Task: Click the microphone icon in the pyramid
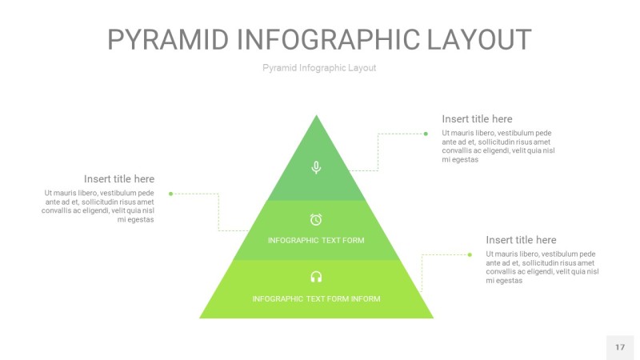(316, 167)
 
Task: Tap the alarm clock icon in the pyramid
(316, 219)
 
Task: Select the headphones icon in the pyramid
(316, 277)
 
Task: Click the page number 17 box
(620, 347)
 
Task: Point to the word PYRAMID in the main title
(169, 40)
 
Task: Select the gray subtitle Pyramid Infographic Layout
(319, 68)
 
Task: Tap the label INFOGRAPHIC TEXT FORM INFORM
(316, 299)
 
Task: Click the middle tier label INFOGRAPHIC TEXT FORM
(316, 240)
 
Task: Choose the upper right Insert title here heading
(477, 119)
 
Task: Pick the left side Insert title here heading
(119, 179)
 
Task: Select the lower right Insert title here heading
(521, 240)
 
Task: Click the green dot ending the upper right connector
(426, 134)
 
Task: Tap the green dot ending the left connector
(171, 194)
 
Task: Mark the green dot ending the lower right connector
(470, 254)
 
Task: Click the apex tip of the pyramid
(317, 117)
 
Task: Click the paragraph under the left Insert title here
(98, 206)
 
